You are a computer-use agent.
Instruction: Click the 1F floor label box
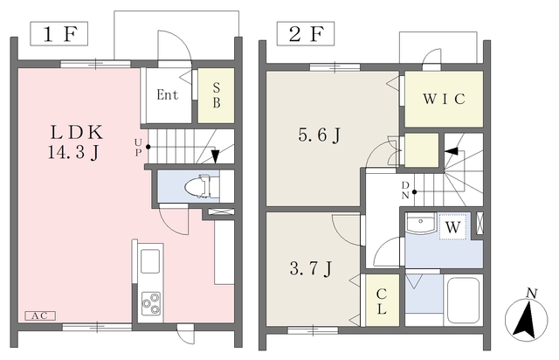pyautogui.click(x=59, y=33)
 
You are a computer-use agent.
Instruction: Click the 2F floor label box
pyautogui.click(x=306, y=33)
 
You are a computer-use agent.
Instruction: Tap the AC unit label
pyautogui.click(x=40, y=315)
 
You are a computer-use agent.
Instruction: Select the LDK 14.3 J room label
pyautogui.click(x=76, y=142)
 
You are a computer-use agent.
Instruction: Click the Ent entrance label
pyautogui.click(x=167, y=95)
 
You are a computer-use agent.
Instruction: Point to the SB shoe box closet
pyautogui.click(x=216, y=95)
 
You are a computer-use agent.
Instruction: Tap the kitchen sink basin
pyautogui.click(x=149, y=260)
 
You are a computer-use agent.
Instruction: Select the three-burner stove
pyautogui.click(x=151, y=303)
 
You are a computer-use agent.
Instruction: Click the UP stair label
pyautogui.click(x=138, y=147)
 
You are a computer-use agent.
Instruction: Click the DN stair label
pyautogui.click(x=405, y=190)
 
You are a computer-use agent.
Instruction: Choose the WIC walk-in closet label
pyautogui.click(x=444, y=99)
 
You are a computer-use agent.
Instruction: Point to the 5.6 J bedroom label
pyautogui.click(x=319, y=135)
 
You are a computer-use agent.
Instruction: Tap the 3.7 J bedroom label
pyautogui.click(x=311, y=268)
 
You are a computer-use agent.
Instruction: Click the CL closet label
pyautogui.click(x=382, y=301)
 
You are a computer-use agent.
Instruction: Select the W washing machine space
pyautogui.click(x=452, y=227)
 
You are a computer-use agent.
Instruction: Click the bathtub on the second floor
pyautogui.click(x=463, y=300)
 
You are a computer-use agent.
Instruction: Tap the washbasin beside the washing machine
pyautogui.click(x=421, y=224)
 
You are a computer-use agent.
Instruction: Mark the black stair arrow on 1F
pyautogui.click(x=215, y=156)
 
